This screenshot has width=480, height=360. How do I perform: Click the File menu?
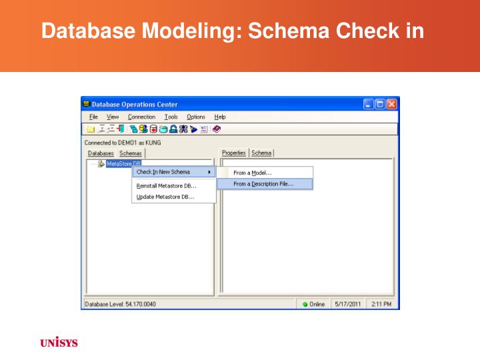coord(93,117)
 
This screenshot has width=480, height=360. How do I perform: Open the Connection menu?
coord(141,117)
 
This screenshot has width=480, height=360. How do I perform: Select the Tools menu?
coord(171,117)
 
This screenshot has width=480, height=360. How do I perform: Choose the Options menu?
coord(196,117)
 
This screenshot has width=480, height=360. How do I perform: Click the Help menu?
coord(220,117)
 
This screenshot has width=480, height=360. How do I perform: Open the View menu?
coord(113,117)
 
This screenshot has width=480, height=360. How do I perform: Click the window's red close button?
coord(391,104)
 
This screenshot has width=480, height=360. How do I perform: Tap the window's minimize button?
coord(369,104)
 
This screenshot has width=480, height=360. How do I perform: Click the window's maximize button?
coord(380,104)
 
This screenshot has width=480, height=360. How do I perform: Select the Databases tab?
coord(101,153)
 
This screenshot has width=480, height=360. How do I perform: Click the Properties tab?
coord(234,153)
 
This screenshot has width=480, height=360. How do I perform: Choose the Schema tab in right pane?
coord(261,153)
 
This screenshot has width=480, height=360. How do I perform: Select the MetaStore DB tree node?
coord(123,163)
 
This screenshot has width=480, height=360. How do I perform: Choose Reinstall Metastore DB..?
coord(167,186)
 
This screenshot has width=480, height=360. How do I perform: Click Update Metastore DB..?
coord(165,197)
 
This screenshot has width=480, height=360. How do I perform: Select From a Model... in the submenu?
coord(253,173)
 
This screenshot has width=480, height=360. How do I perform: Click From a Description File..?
coord(263,184)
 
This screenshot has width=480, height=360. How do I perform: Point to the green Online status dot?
coord(305,305)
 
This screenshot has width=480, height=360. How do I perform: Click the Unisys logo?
coord(59,343)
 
